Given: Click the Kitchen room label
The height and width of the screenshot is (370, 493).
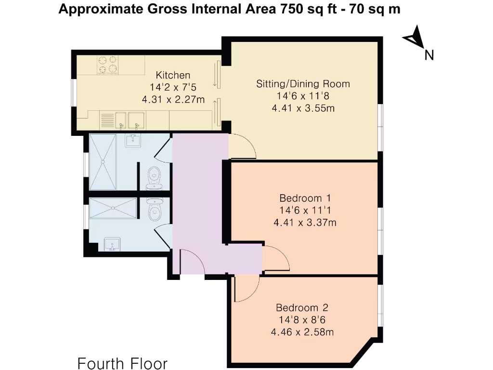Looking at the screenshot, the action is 173,75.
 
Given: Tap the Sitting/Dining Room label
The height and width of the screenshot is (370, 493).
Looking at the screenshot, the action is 303,84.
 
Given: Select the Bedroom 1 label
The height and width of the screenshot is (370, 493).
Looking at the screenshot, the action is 305,198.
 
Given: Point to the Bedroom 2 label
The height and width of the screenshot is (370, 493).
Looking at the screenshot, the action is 302,308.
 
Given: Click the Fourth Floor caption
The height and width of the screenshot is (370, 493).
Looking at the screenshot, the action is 122,363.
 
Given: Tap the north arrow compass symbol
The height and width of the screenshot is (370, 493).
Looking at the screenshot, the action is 415,37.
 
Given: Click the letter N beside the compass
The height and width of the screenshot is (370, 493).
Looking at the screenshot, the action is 429,55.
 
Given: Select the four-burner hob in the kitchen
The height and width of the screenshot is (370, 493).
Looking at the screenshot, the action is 107,65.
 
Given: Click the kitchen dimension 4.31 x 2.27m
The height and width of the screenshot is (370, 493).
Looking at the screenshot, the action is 173,100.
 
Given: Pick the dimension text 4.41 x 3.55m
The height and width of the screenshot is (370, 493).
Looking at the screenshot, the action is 303,108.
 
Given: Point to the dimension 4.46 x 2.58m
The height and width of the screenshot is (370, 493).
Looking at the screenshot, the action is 302,332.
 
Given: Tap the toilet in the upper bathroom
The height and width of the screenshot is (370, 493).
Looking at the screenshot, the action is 155,178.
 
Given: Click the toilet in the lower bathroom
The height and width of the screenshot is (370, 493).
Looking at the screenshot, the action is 155,210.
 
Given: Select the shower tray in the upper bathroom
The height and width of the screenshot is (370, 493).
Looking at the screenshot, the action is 103,162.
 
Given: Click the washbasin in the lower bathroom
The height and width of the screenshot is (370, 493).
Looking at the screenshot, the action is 112,245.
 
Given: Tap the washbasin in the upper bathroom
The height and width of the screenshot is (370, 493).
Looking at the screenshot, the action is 133,140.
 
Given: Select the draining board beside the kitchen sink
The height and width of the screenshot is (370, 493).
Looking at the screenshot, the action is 107,120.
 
